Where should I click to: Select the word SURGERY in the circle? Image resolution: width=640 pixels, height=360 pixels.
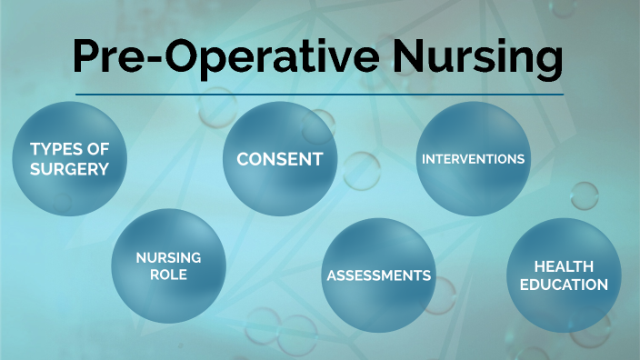(69, 168)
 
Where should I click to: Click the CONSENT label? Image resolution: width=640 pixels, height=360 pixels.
(280, 159)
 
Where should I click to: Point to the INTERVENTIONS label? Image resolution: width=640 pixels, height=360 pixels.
(473, 158)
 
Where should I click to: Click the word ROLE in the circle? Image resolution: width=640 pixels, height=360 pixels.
(169, 274)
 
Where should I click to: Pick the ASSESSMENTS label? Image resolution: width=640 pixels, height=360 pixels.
(379, 275)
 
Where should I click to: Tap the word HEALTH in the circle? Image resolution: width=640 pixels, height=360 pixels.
(564, 266)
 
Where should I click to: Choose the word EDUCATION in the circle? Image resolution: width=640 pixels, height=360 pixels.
(564, 285)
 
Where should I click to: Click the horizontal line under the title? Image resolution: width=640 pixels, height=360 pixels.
(318, 95)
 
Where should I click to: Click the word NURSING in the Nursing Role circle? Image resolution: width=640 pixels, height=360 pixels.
(169, 258)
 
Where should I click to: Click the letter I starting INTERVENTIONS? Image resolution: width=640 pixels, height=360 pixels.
(423, 158)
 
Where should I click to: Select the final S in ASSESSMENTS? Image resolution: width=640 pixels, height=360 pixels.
(427, 275)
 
